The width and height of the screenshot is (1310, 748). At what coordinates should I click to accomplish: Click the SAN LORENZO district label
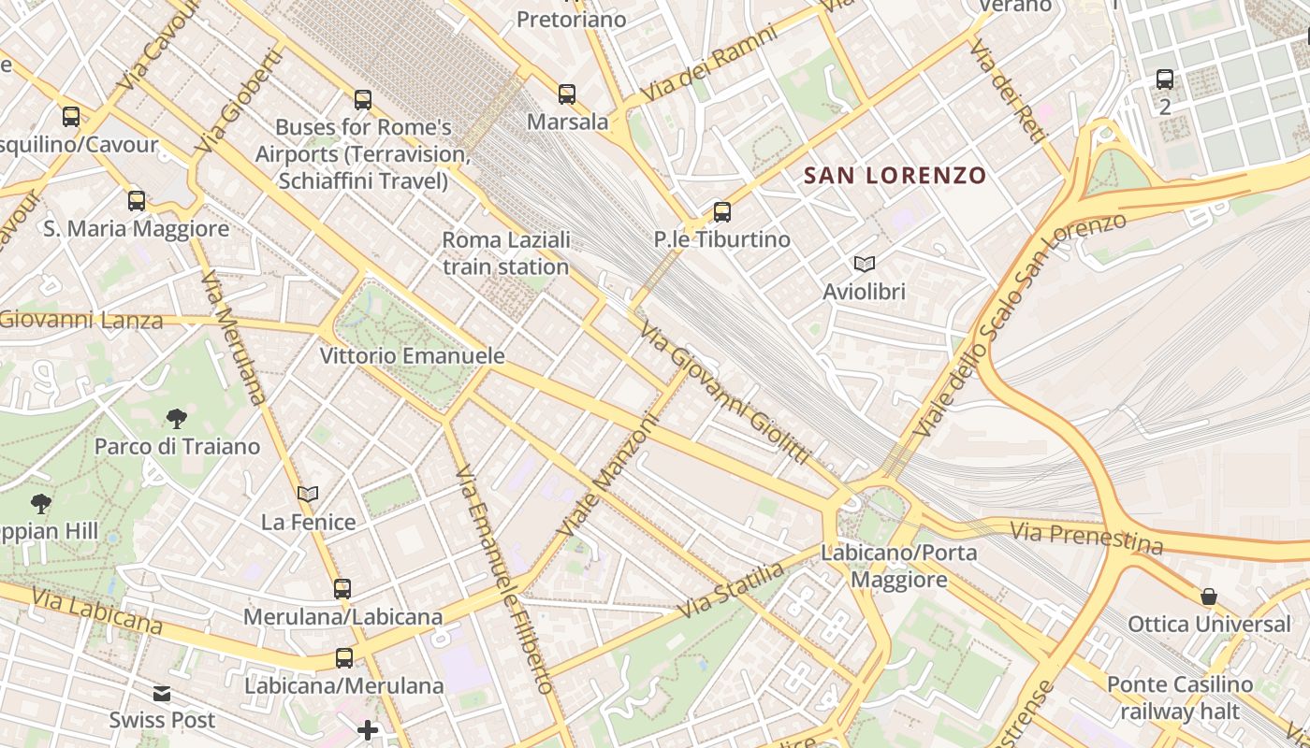[x=895, y=176]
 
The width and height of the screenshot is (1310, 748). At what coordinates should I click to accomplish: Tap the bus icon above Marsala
[x=567, y=94]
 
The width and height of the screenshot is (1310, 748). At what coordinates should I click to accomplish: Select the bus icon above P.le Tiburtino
[x=721, y=212]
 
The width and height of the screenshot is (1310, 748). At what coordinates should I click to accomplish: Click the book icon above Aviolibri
[x=864, y=265]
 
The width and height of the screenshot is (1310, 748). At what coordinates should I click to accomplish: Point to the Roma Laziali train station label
[x=505, y=253]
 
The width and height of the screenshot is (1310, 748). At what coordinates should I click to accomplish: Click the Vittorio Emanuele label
[x=412, y=356]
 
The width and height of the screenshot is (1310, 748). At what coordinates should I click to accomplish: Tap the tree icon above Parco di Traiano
[x=177, y=419]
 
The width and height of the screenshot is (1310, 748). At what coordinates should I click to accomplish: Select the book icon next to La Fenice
[x=308, y=495]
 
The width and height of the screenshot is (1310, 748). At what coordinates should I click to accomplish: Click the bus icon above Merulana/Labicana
[x=342, y=589]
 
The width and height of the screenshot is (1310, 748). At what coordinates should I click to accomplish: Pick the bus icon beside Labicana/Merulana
[x=344, y=658]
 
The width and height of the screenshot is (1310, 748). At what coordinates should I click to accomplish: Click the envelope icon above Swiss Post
[x=162, y=694]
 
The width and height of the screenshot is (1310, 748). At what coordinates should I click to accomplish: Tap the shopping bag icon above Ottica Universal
[x=1209, y=597]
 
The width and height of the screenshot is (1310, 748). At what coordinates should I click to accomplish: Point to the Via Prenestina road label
[x=1086, y=538]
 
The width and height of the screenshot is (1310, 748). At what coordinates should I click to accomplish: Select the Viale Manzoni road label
[x=608, y=476]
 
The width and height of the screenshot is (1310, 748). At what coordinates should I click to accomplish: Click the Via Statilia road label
[x=730, y=591]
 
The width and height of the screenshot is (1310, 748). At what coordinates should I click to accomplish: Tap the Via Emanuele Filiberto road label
[x=504, y=580]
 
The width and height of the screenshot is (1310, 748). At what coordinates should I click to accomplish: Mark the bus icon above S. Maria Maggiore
[x=137, y=201]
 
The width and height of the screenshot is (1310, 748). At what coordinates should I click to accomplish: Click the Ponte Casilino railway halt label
[x=1179, y=698]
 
